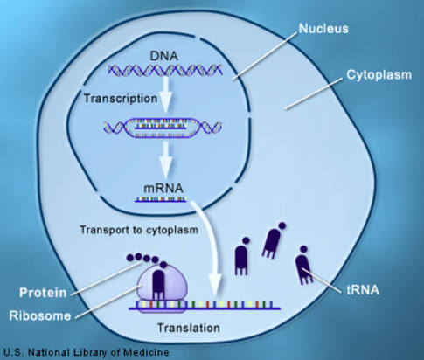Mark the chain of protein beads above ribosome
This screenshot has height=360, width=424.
click(140, 260)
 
